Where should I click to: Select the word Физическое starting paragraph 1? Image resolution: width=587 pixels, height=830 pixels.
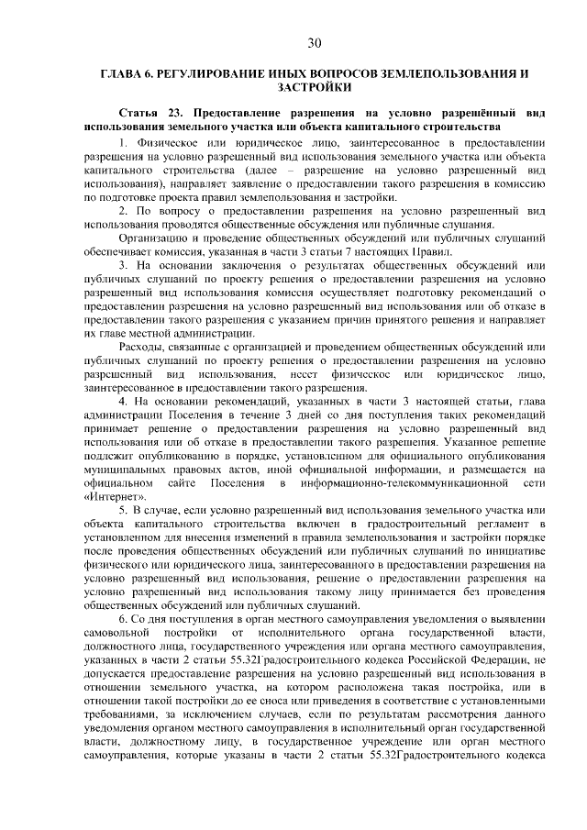168,144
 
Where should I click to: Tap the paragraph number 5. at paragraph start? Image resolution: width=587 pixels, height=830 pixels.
124,510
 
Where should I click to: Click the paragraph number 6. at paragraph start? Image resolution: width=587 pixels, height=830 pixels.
124,619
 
